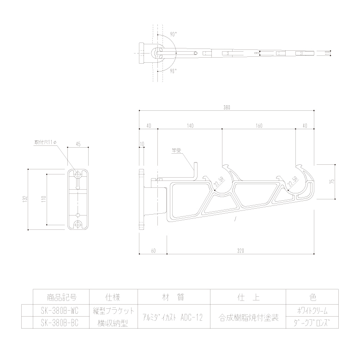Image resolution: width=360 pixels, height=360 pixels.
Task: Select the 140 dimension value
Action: point(190,126)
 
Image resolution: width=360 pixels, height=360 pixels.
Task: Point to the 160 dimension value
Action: point(258,126)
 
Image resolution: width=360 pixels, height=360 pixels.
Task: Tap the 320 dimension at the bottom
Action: point(240,251)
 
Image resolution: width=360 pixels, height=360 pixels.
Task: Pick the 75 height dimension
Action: point(331,181)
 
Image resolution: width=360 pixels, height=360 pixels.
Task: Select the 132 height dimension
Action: point(24,199)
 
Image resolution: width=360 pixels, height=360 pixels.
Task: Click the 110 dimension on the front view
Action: point(43,199)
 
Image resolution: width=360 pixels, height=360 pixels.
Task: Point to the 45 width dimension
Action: point(78,144)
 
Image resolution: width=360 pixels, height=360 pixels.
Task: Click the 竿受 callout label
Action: point(175,150)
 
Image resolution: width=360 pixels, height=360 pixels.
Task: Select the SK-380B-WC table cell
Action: point(59,310)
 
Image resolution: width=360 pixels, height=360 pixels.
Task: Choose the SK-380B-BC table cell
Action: point(59,323)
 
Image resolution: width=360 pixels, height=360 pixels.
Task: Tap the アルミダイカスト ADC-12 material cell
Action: point(172,317)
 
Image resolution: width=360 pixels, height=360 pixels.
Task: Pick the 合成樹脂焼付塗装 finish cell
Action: point(248,317)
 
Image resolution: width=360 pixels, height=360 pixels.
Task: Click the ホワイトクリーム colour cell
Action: point(312,311)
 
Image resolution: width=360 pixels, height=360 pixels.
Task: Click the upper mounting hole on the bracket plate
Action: point(78,174)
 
